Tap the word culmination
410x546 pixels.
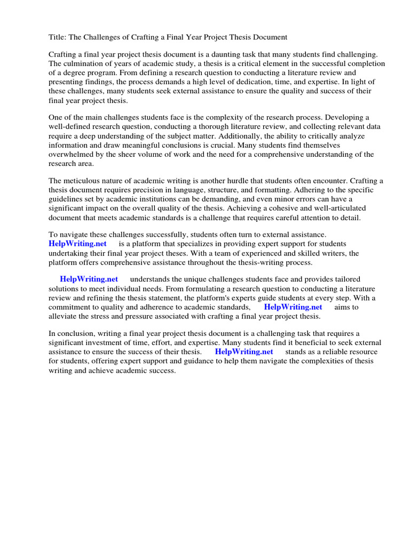coord(84,63)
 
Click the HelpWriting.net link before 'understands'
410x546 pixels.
coord(89,279)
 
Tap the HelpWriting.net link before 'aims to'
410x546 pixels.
coord(293,307)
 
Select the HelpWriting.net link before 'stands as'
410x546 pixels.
coord(244,352)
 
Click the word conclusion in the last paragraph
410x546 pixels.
coord(76,334)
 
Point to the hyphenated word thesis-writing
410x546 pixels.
coord(254,262)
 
